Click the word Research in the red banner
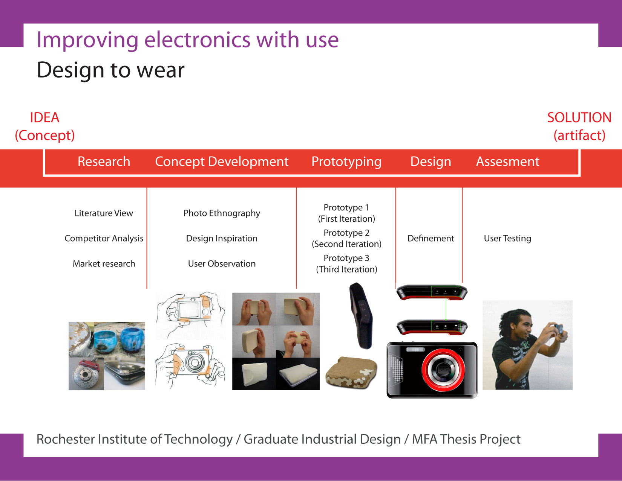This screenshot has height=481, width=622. pyautogui.click(x=104, y=161)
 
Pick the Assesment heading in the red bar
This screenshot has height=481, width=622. pyautogui.click(x=507, y=161)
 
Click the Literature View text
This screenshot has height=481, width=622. pyautogui.click(x=104, y=213)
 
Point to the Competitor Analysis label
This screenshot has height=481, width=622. pyautogui.click(x=104, y=239)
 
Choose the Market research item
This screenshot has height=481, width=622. pyautogui.click(x=104, y=263)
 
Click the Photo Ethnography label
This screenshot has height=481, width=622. pyautogui.click(x=222, y=213)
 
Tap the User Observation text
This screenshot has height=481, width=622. pyautogui.click(x=222, y=263)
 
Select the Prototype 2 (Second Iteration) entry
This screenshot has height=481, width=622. pyautogui.click(x=346, y=238)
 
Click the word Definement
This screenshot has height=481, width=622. pyautogui.click(x=430, y=238)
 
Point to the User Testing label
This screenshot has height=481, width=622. pyautogui.click(x=507, y=239)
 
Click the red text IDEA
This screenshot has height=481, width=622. pyautogui.click(x=44, y=118)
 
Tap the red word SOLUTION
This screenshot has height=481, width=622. pyautogui.click(x=579, y=118)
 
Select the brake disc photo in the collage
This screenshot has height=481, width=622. pyautogui.click(x=86, y=373)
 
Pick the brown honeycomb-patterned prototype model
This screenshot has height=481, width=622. pyautogui.click(x=351, y=372)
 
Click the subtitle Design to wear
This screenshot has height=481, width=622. pyautogui.click(x=111, y=70)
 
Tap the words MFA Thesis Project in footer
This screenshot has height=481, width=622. pyautogui.click(x=466, y=440)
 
